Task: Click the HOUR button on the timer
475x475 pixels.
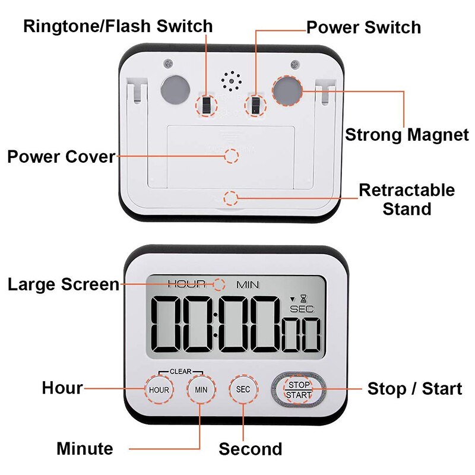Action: [x=159, y=389]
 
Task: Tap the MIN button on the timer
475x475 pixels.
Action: [x=201, y=389]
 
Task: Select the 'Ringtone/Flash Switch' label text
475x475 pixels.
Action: [x=118, y=26]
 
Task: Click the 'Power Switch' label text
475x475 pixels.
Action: [x=363, y=27]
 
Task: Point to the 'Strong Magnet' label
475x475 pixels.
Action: [x=407, y=135]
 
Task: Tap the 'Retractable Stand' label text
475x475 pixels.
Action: [x=407, y=199]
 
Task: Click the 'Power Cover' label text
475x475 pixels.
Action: [x=61, y=157]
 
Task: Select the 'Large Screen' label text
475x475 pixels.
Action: [x=64, y=284]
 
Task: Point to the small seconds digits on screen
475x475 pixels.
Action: [x=302, y=335]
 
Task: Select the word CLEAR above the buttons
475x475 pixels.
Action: [x=180, y=372]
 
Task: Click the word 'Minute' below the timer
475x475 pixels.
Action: [x=84, y=448]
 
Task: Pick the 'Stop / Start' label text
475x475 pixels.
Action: [x=414, y=389]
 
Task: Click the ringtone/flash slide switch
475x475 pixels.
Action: [x=206, y=106]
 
